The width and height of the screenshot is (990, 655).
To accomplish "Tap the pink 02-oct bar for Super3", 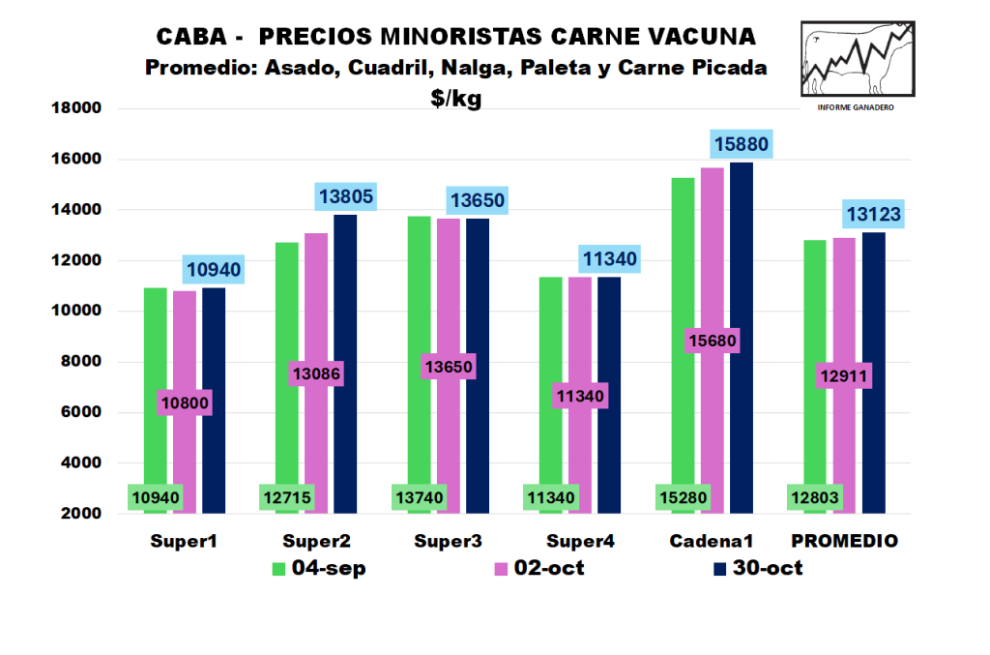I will coord(448,290).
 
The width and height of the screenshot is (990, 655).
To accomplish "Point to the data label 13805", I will coord(346,197).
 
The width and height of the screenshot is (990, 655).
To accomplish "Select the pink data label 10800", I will coord(184,402).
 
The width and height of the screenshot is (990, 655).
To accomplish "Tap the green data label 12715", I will coord(286,498).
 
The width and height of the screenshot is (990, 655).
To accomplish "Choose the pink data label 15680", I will coord(712,341).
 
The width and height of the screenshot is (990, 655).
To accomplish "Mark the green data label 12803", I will coord(815,498).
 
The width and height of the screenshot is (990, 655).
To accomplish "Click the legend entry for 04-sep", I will coord(319,569).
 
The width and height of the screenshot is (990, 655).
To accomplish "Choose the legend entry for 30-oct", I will coord(759,569).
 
